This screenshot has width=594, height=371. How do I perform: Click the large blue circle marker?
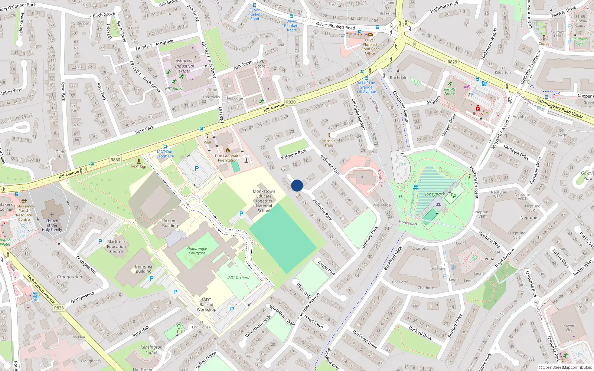tap(297, 185)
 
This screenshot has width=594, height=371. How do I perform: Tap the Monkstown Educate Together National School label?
tap(264, 201)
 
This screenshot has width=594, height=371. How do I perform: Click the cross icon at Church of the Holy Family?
tap(52, 214)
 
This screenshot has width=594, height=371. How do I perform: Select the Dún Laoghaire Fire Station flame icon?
tap(228, 150)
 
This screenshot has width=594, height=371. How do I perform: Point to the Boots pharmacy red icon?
tap(478, 108)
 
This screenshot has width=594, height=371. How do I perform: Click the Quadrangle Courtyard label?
tap(197, 251)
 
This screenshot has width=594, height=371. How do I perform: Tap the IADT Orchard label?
tap(238, 278)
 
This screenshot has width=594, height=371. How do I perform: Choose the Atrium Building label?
tap(170, 223)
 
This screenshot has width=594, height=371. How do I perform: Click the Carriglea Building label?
tap(143, 269)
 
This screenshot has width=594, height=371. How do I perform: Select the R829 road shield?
tap(452, 62)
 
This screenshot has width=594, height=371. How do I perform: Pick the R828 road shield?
tap(59, 308)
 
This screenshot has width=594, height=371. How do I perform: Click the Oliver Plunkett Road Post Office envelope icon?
tap(370, 35)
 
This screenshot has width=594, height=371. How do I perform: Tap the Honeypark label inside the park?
tap(434, 194)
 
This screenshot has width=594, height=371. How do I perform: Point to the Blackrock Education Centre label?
tap(116, 246)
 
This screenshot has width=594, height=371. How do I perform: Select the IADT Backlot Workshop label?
tap(206, 305)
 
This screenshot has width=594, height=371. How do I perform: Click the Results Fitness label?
tap(450, 91)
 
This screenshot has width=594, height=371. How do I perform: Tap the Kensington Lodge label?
tap(151, 349)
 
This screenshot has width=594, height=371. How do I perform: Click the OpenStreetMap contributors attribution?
tap(565, 367)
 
